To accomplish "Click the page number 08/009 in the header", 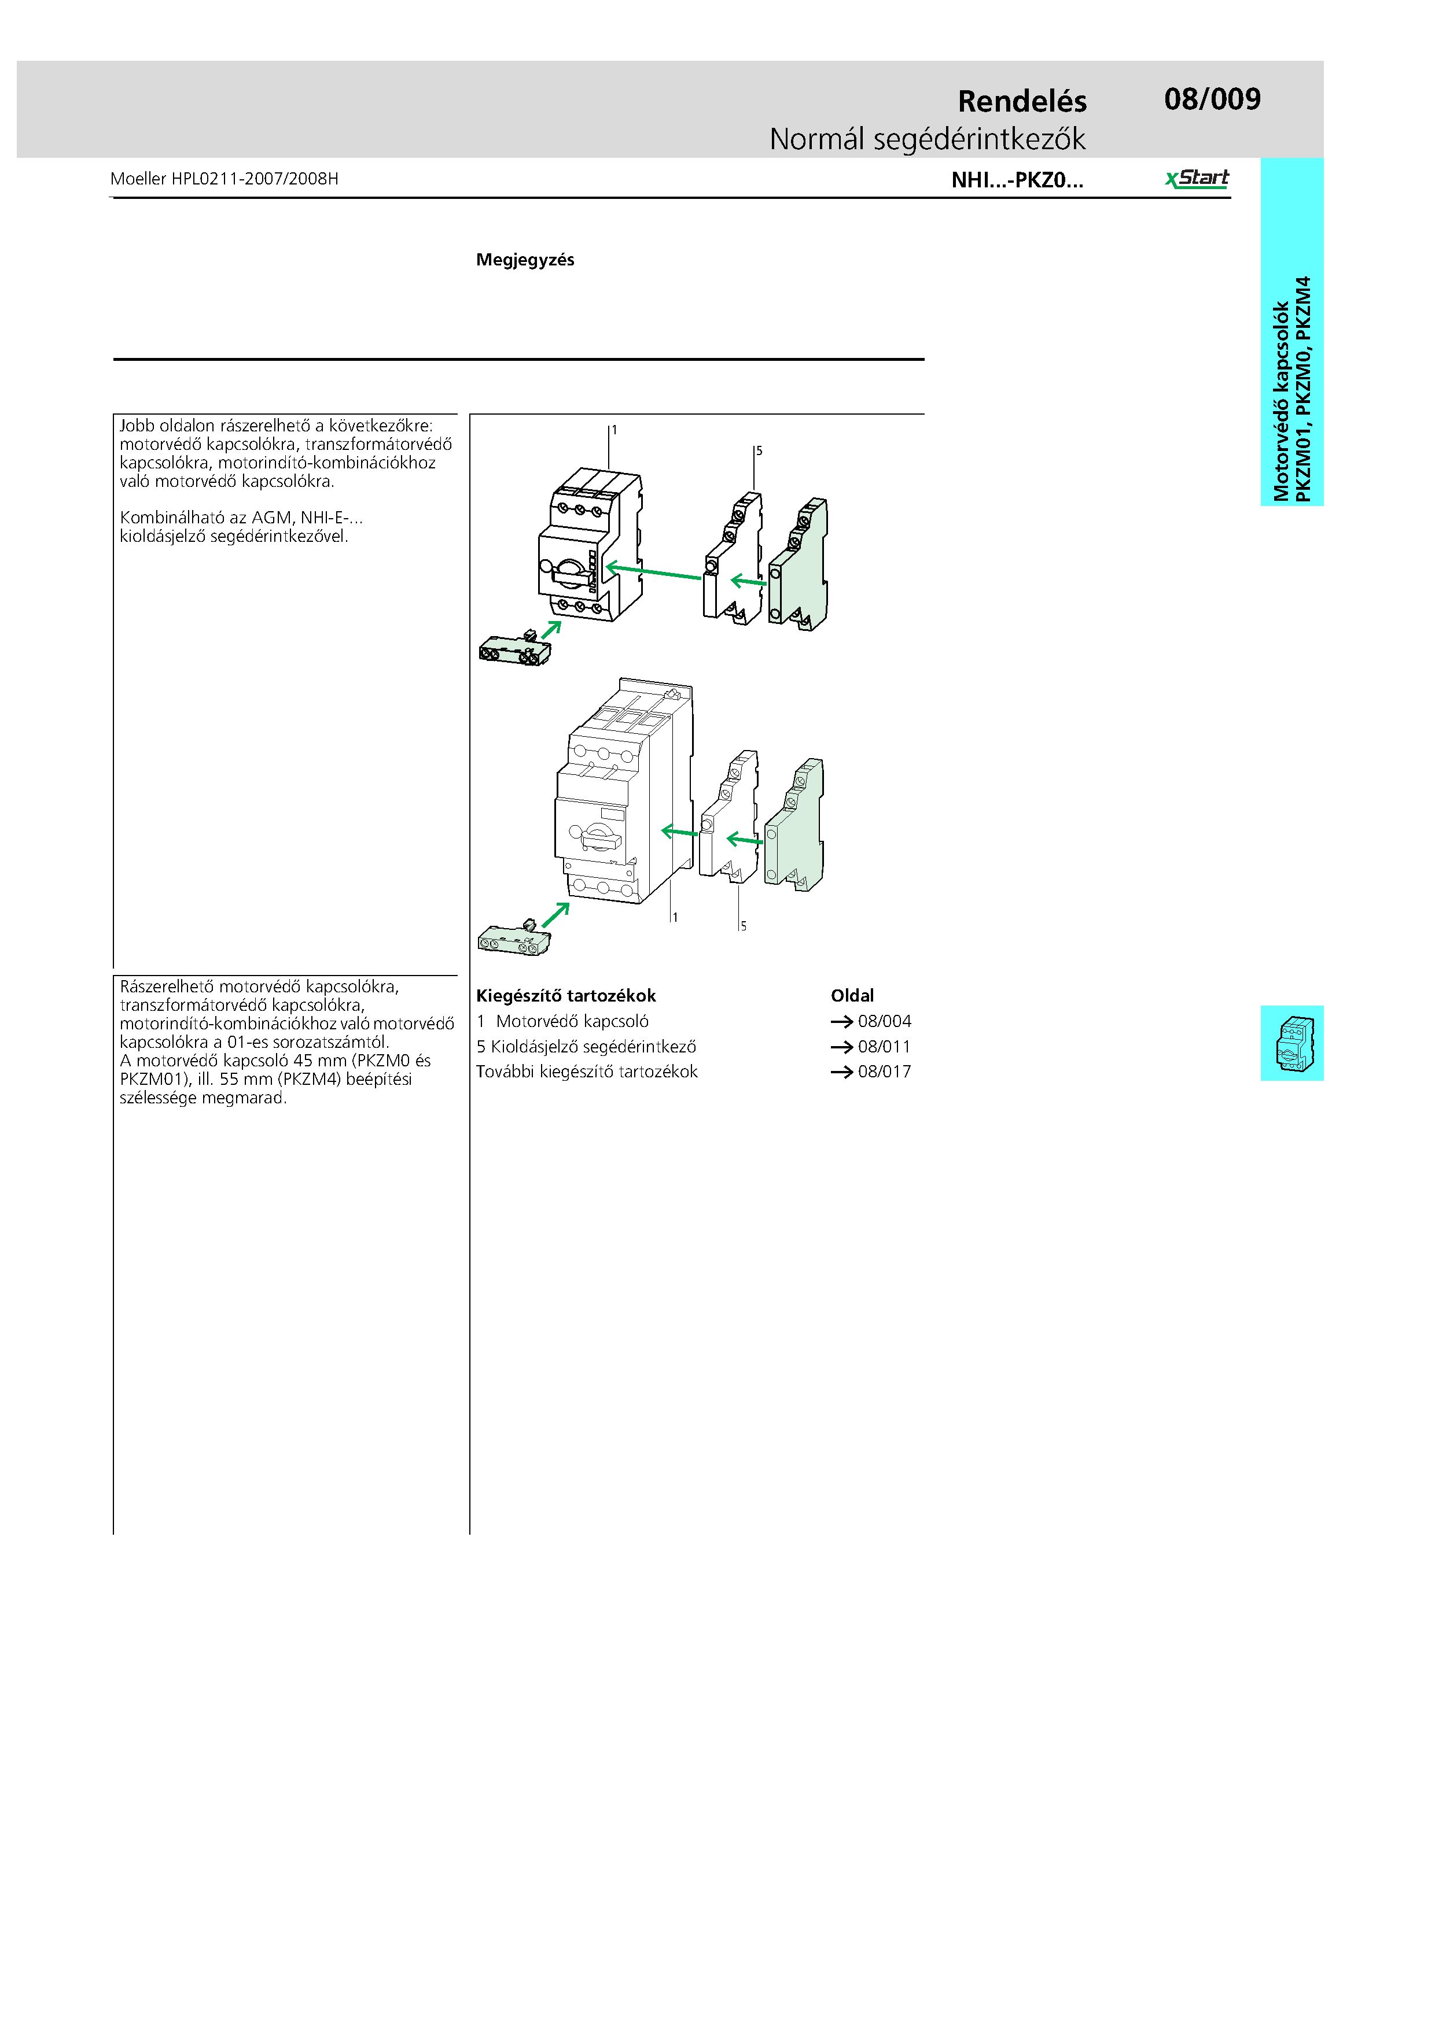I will (x=1212, y=99).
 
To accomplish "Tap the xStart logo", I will (x=1197, y=179).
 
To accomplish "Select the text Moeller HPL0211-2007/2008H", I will (x=225, y=179).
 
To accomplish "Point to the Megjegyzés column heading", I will (x=525, y=260).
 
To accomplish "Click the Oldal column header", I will (x=852, y=995).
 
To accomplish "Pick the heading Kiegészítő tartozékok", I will (x=565, y=995).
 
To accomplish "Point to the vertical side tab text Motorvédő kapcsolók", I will (x=1281, y=402).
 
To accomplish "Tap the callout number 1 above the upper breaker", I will (x=614, y=430).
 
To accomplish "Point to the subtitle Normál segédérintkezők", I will (x=927, y=139).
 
